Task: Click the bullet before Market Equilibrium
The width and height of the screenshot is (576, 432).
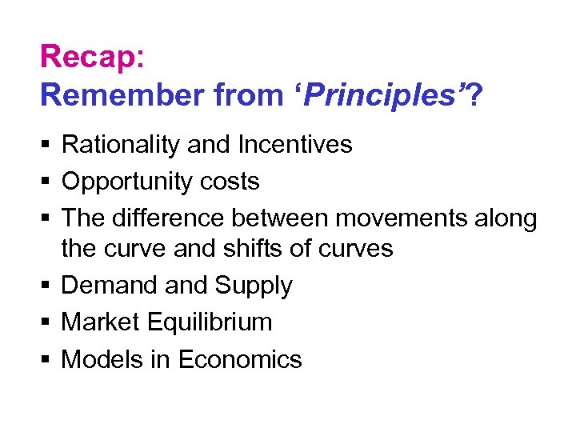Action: [45, 322]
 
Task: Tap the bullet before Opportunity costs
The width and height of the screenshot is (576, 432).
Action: [45, 182]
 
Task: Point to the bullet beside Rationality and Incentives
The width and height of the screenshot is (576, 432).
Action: [45, 145]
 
